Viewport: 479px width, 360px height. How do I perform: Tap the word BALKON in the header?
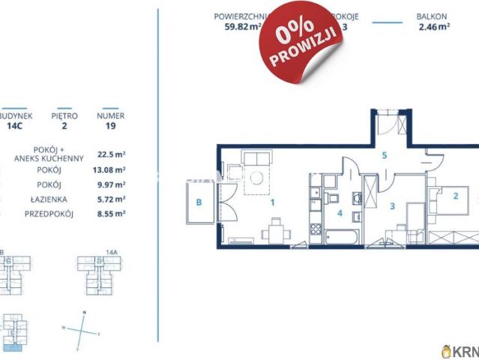(x=433, y=15)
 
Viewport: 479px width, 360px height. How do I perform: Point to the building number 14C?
(x=13, y=127)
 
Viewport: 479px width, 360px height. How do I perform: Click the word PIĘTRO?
(x=64, y=116)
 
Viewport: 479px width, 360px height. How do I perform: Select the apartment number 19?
(x=110, y=127)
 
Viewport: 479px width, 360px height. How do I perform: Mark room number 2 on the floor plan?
(x=454, y=196)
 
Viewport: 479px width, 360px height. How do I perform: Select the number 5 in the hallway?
(x=383, y=156)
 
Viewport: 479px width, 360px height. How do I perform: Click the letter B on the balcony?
(x=199, y=201)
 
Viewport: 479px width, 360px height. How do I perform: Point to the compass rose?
(x=84, y=329)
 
